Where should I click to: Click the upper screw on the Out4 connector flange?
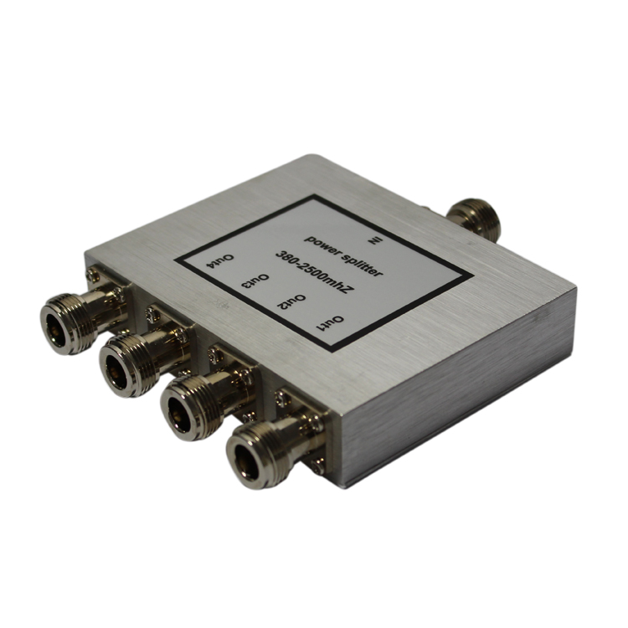91,274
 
